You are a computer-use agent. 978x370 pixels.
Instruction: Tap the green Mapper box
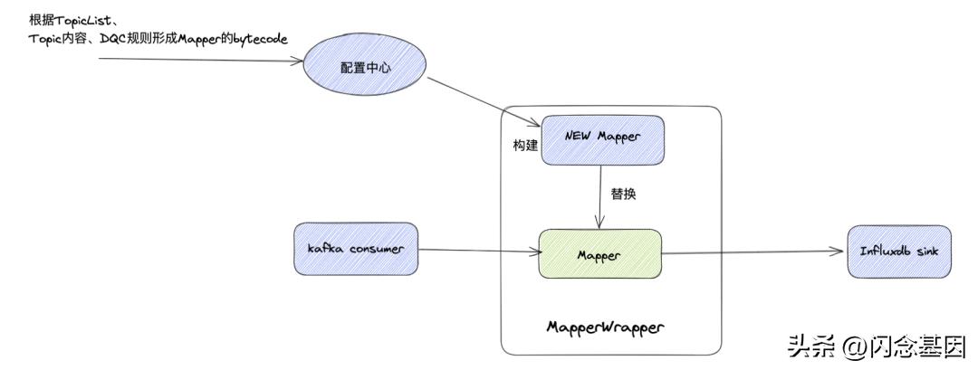pos(599,254)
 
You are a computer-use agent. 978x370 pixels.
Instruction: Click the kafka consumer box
pos(355,248)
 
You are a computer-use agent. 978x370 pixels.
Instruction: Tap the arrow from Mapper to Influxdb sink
pos(752,253)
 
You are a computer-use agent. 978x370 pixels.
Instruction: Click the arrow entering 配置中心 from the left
pos(199,60)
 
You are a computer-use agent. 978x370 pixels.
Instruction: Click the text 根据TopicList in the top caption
pos(68,22)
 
